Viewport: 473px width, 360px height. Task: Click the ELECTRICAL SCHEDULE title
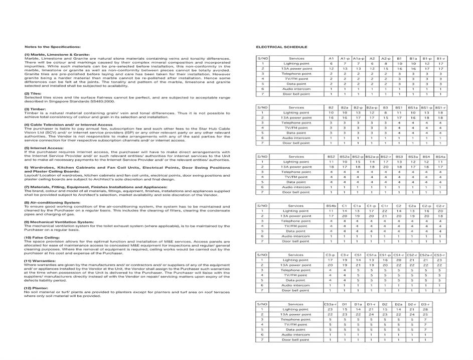pos(281,47)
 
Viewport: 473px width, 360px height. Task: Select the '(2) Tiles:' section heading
pos(34,93)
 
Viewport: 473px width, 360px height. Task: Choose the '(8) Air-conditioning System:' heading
pos(52,202)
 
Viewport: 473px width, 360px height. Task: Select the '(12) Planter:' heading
pos(38,288)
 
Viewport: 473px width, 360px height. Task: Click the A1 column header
pos(331,59)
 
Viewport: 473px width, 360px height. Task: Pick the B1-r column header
pos(440,59)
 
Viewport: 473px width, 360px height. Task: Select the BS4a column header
pos(440,157)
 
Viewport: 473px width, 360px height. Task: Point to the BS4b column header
pos(331,206)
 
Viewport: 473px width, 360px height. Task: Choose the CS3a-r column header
pos(331,304)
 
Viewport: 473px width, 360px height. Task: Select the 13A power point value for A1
pos(331,69)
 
